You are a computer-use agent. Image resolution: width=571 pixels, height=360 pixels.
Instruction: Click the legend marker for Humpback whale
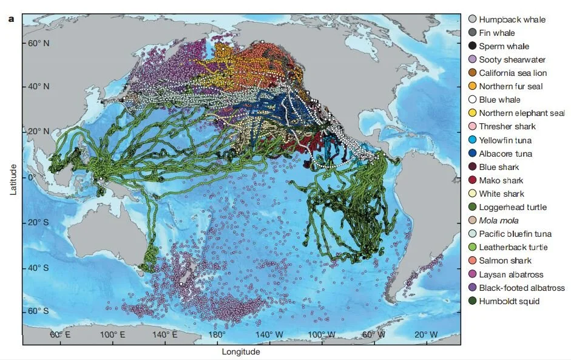(472, 19)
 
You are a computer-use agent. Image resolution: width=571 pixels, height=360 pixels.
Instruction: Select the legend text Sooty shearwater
(512, 59)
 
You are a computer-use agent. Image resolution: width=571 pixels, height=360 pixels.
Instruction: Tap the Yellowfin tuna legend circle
(472, 140)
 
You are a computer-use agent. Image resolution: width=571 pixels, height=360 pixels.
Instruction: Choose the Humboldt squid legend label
(508, 301)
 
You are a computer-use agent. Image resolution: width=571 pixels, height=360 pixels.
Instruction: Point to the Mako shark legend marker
(472, 180)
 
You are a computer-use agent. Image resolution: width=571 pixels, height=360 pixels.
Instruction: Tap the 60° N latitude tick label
(38, 44)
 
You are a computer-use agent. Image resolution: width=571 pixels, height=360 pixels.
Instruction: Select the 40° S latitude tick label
(38, 267)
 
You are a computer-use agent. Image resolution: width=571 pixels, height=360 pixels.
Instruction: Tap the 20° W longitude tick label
(426, 335)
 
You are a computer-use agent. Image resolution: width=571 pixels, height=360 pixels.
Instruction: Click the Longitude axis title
(240, 352)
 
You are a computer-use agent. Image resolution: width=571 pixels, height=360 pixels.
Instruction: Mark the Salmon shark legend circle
(472, 260)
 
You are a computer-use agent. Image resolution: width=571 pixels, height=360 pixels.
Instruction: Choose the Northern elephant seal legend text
(522, 113)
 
